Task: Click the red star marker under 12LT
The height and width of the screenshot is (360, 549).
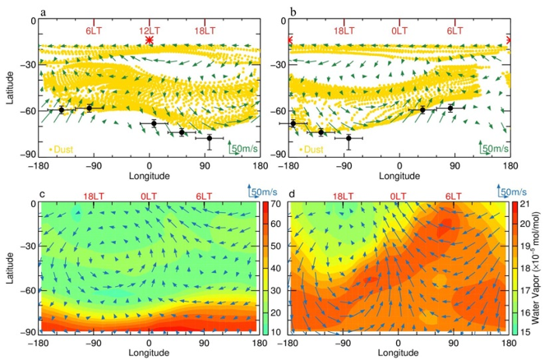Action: point(149,39)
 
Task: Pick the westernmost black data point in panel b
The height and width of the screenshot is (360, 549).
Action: point(293,123)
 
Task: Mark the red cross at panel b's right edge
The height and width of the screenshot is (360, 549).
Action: point(510,39)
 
